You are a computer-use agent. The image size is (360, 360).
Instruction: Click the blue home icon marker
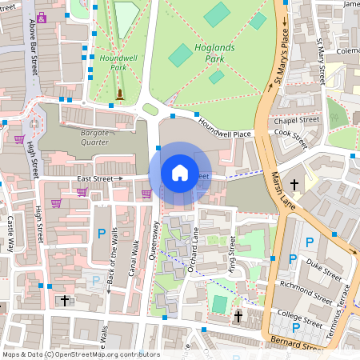coord(180,173)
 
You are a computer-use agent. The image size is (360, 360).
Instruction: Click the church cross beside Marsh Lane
coord(294,186)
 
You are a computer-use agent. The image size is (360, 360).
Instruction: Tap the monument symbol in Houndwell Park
coord(120,95)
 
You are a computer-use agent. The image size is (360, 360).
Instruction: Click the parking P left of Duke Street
coord(293,258)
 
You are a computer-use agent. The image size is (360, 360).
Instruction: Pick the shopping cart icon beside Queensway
coord(146,193)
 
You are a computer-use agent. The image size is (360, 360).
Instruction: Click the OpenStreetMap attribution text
coord(80,354)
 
